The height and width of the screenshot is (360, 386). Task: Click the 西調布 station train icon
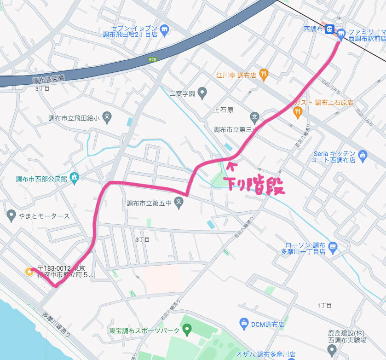point(330,29)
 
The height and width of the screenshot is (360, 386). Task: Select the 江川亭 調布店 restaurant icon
point(263,74)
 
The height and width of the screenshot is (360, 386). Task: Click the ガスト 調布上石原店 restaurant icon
point(298,111)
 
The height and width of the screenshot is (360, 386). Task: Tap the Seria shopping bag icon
point(363,155)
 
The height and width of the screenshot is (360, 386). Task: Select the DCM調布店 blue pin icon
point(244,324)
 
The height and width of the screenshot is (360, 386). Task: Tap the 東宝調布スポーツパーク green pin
point(187,330)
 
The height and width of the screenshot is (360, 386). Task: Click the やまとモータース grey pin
point(12,215)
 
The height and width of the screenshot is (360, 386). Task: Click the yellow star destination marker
point(29,272)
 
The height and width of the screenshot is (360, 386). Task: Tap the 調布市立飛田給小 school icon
point(107,117)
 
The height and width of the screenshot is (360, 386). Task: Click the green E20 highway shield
point(153,59)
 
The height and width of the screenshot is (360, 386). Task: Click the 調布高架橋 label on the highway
point(48,79)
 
